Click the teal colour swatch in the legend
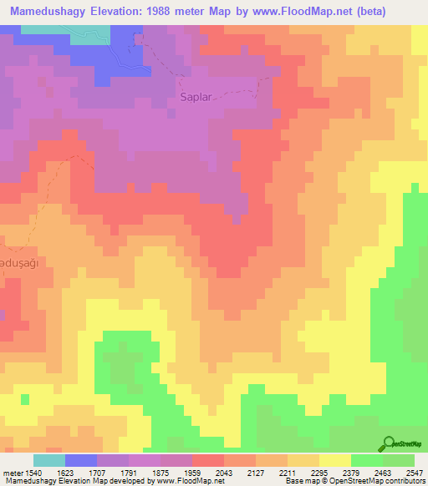click(49, 460)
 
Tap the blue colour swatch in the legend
click(81, 460)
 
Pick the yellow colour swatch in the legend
click(335, 460)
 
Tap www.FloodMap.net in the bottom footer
click(177, 482)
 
